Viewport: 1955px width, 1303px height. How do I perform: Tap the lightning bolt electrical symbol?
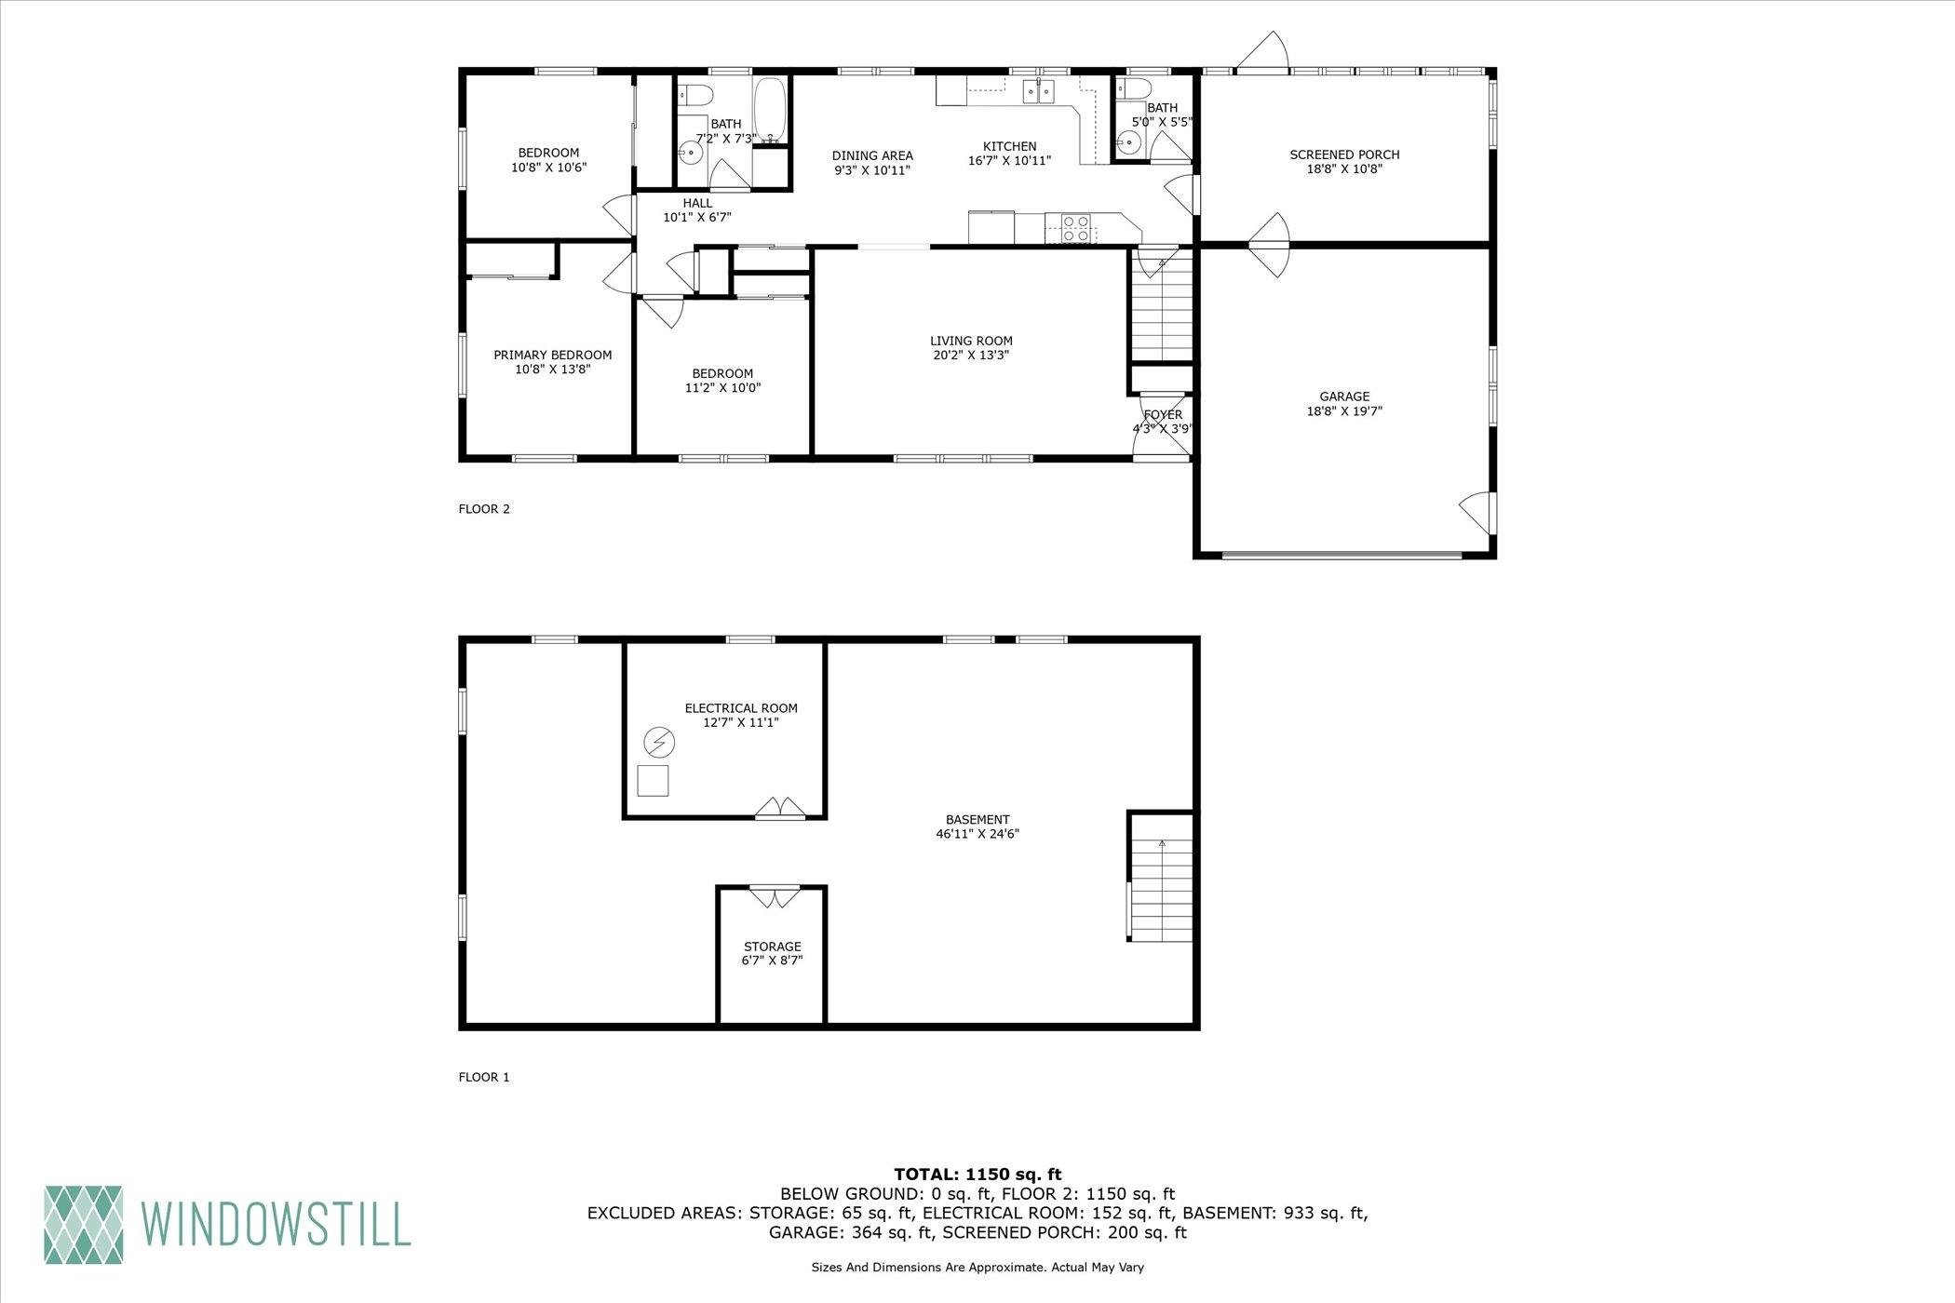[x=659, y=743]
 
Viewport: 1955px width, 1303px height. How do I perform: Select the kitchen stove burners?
[x=1075, y=228]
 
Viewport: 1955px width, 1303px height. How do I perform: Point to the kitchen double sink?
[x=1039, y=90]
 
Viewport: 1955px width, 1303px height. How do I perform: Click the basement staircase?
[x=1161, y=891]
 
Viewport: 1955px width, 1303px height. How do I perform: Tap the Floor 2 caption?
[x=484, y=509]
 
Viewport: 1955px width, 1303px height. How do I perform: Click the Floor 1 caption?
[x=484, y=1078]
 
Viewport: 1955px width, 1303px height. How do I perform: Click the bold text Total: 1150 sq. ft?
[x=977, y=1175]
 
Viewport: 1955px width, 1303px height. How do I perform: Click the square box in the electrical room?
[x=653, y=780]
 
